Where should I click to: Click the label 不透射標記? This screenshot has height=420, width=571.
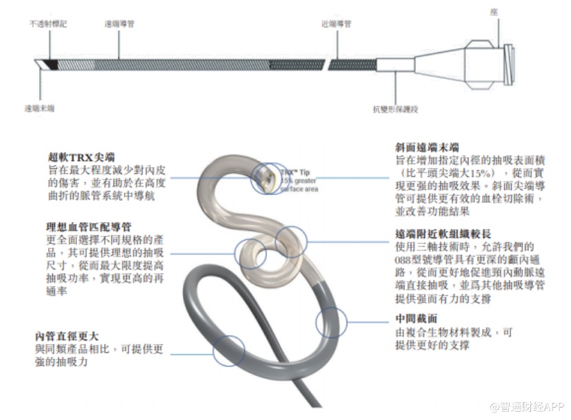click(47, 23)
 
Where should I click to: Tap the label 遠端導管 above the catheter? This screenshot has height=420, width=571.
click(119, 23)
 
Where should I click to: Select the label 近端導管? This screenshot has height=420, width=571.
click(336, 23)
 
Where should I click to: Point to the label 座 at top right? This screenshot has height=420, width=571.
click(493, 12)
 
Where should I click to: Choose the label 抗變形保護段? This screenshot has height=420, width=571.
click(396, 108)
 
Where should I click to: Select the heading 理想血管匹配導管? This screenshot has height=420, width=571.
click(89, 226)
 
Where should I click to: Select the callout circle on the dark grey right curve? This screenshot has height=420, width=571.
click(331, 322)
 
